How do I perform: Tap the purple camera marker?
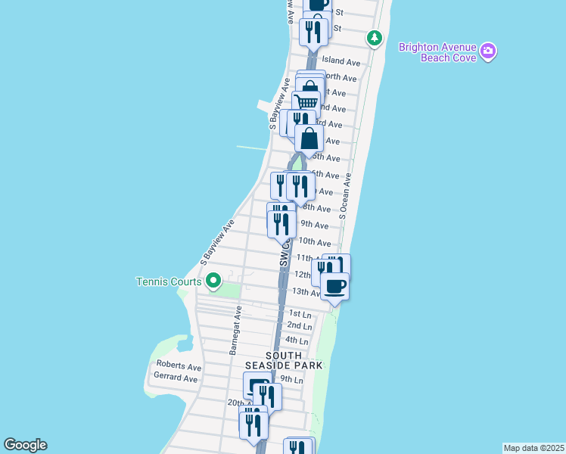(489, 50)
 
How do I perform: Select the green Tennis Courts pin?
(213, 281)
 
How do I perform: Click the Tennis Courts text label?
(169, 281)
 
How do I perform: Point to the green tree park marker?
(374, 37)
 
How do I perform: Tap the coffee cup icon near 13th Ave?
(334, 286)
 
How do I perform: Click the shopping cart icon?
(306, 103)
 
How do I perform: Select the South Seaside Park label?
(294, 360)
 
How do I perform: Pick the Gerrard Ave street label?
(176, 378)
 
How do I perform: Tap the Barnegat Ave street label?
(235, 330)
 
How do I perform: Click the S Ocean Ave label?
(346, 197)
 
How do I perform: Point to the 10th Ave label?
(315, 242)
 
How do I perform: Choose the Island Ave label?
(341, 61)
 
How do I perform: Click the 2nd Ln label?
(300, 325)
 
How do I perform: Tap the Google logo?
(25, 445)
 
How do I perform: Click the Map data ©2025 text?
(533, 448)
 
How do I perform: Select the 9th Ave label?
(315, 225)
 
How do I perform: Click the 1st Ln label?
(300, 313)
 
